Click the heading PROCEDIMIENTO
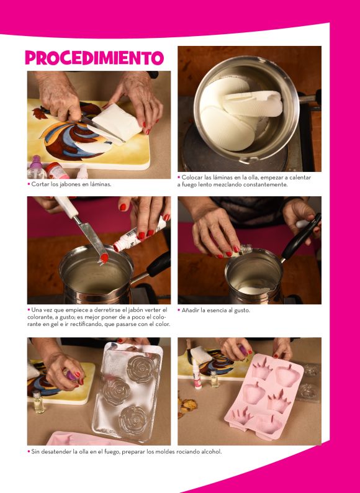point(94,58)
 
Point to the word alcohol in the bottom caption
point(211,452)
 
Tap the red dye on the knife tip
point(104,258)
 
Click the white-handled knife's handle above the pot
point(66,207)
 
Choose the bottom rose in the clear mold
point(134,420)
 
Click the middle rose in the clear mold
point(116,391)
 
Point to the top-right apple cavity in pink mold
point(287,376)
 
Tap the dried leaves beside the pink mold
point(187,406)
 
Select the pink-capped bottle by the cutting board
point(36,167)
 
